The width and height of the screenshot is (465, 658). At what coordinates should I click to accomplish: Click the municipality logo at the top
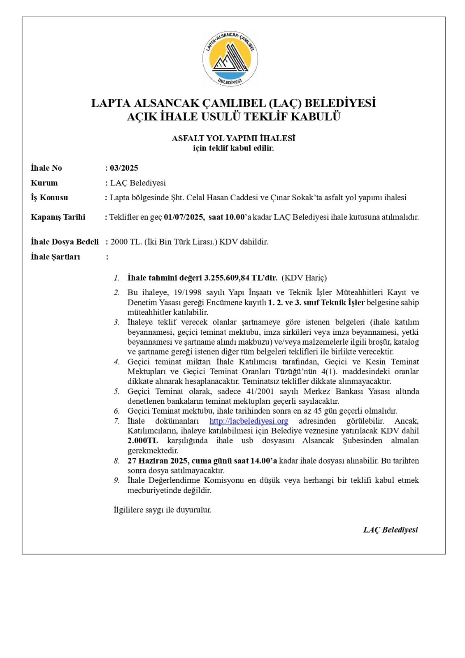230,59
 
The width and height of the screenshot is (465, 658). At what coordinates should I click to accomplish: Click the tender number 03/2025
124,168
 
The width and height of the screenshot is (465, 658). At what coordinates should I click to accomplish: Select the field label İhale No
46,168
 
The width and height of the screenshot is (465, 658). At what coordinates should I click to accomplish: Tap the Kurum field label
44,183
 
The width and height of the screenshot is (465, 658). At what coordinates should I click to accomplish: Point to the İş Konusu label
49,198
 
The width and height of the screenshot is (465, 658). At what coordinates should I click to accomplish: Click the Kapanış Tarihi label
58,217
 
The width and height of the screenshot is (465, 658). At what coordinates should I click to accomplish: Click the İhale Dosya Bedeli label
65,242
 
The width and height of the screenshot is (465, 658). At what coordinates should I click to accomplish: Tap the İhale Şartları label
56,257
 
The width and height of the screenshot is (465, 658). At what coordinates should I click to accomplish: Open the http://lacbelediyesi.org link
249,421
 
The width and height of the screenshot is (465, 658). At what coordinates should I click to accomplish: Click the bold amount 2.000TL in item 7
142,441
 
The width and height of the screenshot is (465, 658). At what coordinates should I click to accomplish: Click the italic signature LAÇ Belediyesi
390,530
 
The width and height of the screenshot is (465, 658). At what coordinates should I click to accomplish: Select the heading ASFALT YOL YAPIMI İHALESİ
233,138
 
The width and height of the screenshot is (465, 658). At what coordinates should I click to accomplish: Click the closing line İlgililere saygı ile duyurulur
163,510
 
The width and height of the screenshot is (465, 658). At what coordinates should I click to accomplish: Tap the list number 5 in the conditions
117,392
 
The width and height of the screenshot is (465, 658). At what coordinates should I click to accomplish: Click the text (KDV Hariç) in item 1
304,278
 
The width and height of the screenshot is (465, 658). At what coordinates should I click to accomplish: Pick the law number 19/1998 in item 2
188,292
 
